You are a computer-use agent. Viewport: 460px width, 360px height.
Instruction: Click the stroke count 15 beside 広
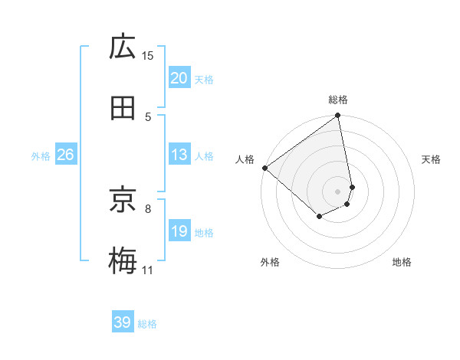tap(148, 55)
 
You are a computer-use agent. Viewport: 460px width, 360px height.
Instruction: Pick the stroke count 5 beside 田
tap(148, 116)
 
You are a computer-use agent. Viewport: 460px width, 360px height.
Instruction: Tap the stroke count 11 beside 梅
tap(147, 270)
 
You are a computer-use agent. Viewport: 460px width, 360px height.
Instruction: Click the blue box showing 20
tap(179, 78)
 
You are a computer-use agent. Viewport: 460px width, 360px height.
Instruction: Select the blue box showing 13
tap(179, 155)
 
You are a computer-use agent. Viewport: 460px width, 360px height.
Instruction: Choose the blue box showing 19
tap(179, 231)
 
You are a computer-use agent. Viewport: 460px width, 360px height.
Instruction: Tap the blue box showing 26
tap(65, 155)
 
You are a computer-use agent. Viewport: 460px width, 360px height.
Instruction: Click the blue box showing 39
tap(123, 322)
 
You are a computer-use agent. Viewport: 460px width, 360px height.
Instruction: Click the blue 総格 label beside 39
tap(147, 324)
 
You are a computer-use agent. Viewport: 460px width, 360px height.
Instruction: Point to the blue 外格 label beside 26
tap(41, 155)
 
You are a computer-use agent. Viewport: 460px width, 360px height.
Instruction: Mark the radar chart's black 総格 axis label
tap(338, 100)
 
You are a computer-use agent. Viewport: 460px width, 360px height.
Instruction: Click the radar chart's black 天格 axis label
tap(432, 159)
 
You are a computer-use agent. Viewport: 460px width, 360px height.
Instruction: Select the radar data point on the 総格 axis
tap(338, 116)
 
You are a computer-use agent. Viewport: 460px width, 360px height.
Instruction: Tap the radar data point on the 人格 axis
tap(264, 167)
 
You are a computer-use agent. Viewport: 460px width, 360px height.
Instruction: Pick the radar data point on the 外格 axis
tap(319, 218)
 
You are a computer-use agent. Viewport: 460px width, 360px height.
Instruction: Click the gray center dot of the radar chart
tap(338, 191)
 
